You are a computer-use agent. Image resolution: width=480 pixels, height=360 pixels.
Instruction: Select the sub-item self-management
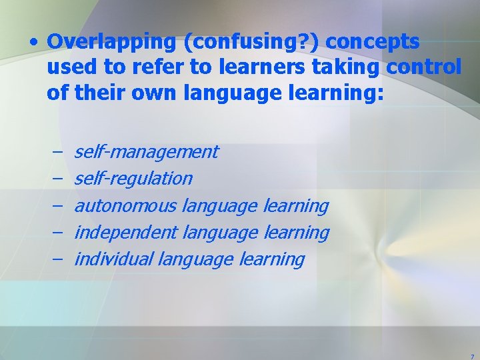(x=146, y=152)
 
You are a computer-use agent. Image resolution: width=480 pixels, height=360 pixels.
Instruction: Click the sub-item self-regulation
(x=133, y=179)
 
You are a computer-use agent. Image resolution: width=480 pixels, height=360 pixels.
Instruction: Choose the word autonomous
(x=125, y=206)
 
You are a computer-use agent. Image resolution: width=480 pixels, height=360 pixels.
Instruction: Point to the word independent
(x=125, y=233)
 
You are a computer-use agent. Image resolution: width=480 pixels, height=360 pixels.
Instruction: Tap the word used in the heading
(x=69, y=67)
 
